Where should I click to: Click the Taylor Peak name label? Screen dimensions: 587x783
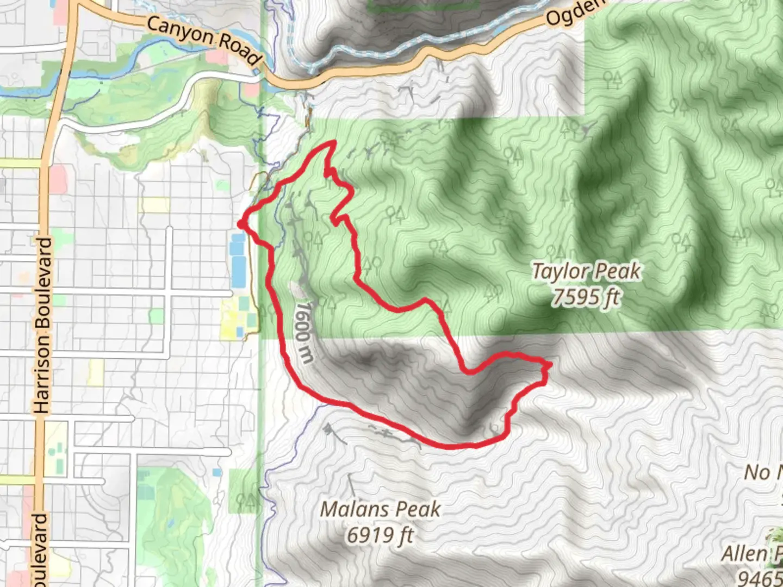coord(586,271)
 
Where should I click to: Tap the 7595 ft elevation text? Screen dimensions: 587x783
coord(586,297)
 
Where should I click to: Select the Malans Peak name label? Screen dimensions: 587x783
coord(380,509)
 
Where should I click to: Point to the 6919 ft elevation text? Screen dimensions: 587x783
coord(380,535)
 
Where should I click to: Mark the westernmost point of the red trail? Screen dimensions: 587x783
coord(240,223)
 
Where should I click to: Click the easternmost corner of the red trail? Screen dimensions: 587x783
coord(550,364)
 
